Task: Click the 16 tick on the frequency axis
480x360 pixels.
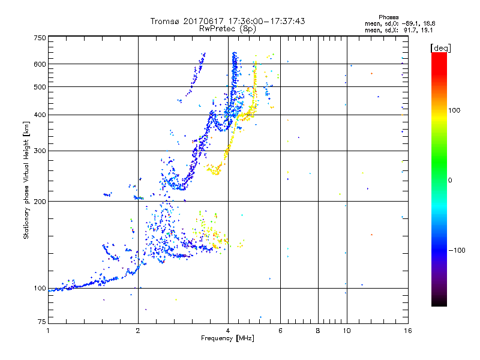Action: click(407, 330)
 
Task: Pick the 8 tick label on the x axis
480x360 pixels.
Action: click(318, 330)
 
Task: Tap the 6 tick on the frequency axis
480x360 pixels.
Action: click(280, 330)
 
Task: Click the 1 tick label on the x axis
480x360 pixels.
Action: click(48, 330)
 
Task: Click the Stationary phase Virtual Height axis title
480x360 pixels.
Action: click(26, 180)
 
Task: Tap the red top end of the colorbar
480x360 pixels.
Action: click(439, 55)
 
